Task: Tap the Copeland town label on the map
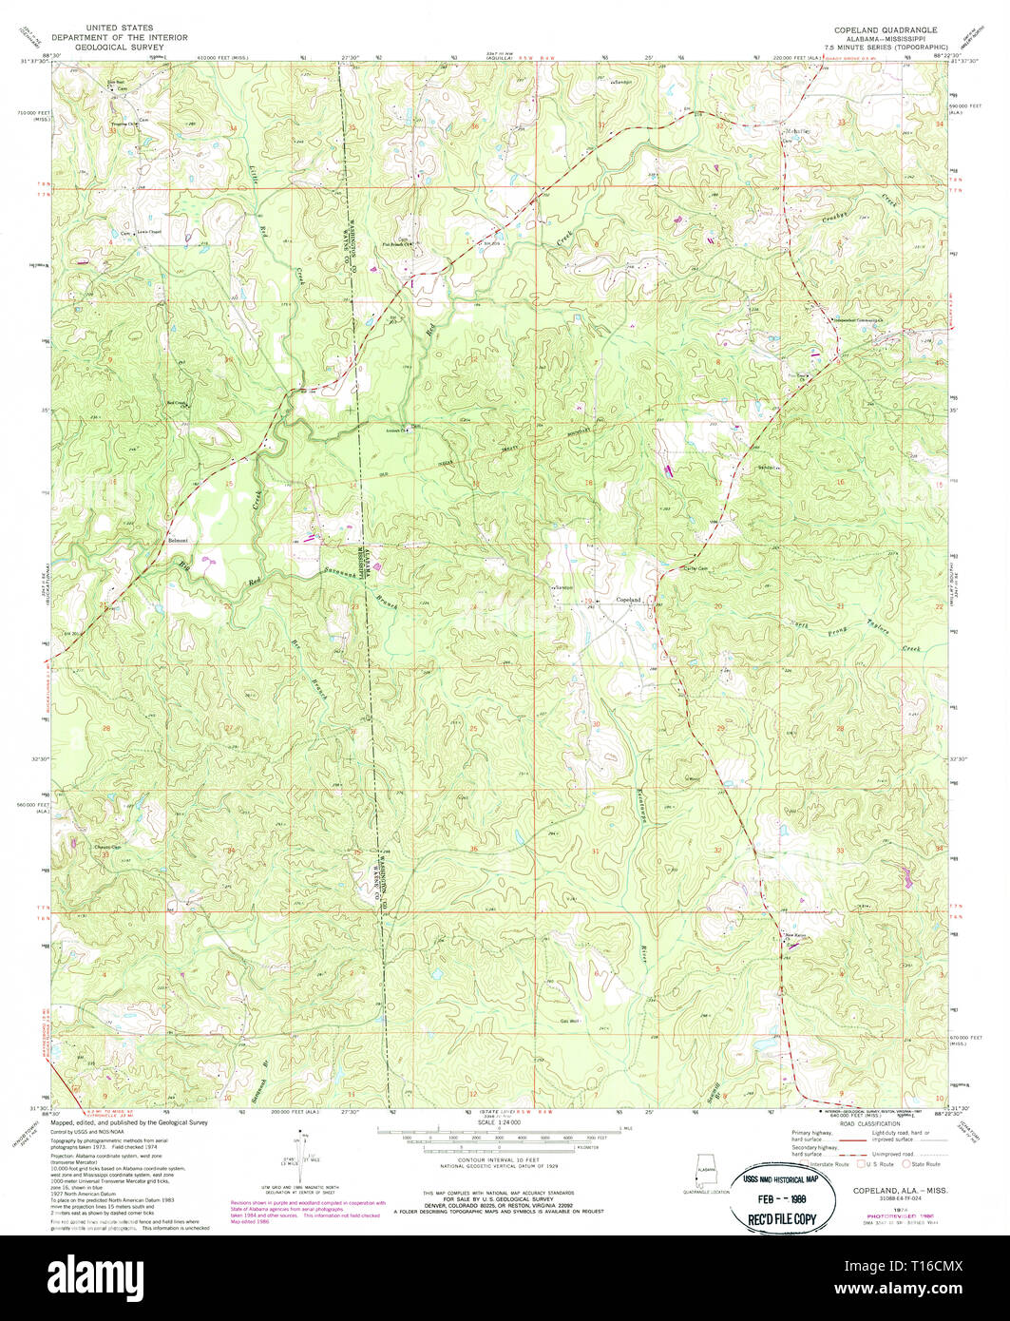click(628, 599)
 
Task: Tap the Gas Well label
click(569, 1021)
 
